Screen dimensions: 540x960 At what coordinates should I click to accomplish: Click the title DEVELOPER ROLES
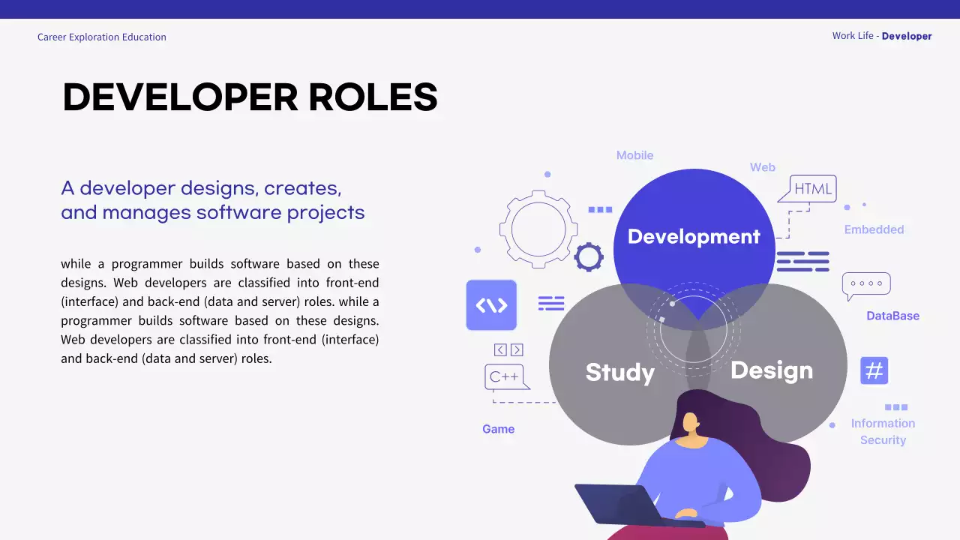pyautogui.click(x=250, y=97)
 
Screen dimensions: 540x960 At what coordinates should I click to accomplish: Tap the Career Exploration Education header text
pyautogui.click(x=102, y=37)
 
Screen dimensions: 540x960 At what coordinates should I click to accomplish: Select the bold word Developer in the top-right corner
pyautogui.click(x=907, y=36)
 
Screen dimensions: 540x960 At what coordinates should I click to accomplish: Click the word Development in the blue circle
pyautogui.click(x=694, y=236)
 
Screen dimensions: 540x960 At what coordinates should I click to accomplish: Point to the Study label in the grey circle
pyautogui.click(x=619, y=372)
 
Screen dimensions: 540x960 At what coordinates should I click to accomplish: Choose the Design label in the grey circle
pyautogui.click(x=771, y=370)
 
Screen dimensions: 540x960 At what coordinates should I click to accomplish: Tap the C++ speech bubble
pyautogui.click(x=505, y=376)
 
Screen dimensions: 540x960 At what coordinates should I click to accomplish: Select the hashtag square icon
pyautogui.click(x=874, y=370)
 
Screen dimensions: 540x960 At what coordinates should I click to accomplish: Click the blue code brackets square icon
pyautogui.click(x=491, y=305)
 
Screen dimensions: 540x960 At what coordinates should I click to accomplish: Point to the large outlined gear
pyautogui.click(x=538, y=229)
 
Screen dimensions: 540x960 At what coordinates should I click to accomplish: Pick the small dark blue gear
pyautogui.click(x=589, y=257)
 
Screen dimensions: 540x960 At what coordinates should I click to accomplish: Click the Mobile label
pyautogui.click(x=634, y=155)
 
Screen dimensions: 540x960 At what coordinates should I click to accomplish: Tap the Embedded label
pyautogui.click(x=874, y=229)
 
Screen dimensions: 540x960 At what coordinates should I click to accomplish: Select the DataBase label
pyautogui.click(x=892, y=316)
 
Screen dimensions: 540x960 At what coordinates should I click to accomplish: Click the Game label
pyautogui.click(x=498, y=429)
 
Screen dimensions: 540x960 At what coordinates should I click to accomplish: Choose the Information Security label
pyautogui.click(x=883, y=431)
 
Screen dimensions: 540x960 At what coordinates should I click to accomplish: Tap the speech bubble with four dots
pyautogui.click(x=866, y=284)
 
